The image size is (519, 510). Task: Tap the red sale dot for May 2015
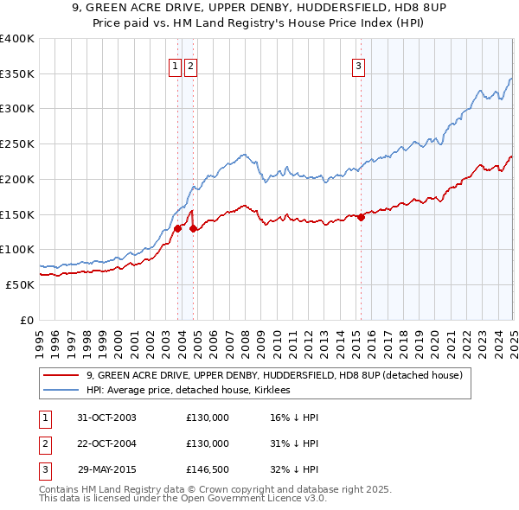click(361, 217)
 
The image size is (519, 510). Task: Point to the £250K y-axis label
click(17, 143)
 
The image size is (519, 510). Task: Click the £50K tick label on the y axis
click(20, 284)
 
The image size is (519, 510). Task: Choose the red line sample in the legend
click(61, 376)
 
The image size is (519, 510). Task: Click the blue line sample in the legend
click(61, 391)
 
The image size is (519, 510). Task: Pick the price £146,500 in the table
click(208, 469)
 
